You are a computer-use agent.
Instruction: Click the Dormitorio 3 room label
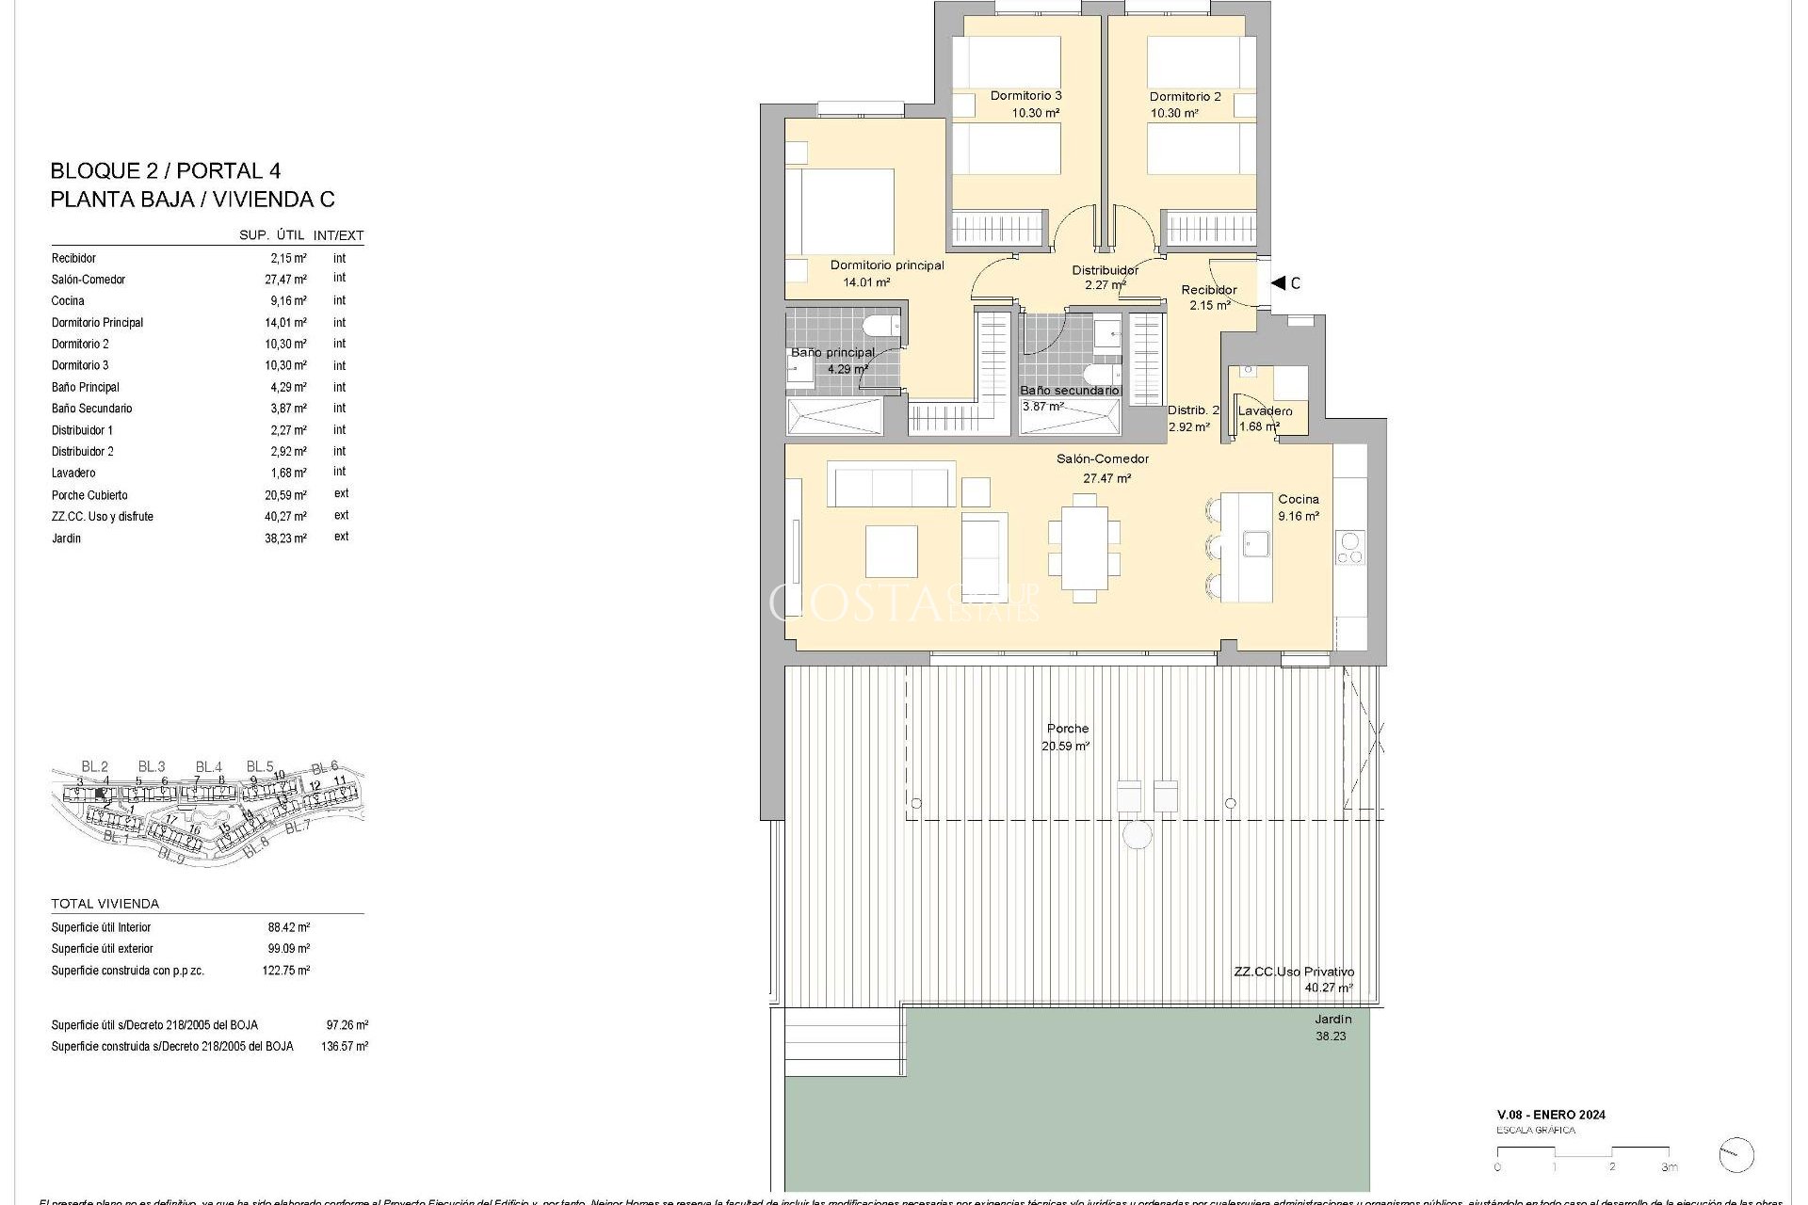(1025, 96)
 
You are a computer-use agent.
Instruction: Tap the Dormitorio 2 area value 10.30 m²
(1173, 113)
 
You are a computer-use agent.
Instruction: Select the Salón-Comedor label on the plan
(1102, 459)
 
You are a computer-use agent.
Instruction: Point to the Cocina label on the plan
(1298, 499)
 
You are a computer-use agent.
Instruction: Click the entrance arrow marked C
(1280, 282)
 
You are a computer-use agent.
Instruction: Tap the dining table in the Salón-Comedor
(1084, 547)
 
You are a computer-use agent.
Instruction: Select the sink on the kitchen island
(1255, 543)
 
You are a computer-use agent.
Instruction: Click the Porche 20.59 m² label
(1066, 737)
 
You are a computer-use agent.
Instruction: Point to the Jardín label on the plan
(1332, 1020)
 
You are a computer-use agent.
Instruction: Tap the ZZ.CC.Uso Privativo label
(1294, 972)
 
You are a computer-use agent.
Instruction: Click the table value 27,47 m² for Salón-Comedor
(285, 280)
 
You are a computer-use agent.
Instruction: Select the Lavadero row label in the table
(73, 474)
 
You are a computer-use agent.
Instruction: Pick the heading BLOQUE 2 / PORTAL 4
(165, 171)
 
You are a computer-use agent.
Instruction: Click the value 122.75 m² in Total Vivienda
(285, 971)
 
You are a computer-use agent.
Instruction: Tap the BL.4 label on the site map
(208, 767)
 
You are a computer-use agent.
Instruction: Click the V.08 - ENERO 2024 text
(1550, 1115)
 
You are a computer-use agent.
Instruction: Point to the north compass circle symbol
(1735, 1155)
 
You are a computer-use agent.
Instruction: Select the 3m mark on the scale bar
(1669, 1167)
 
